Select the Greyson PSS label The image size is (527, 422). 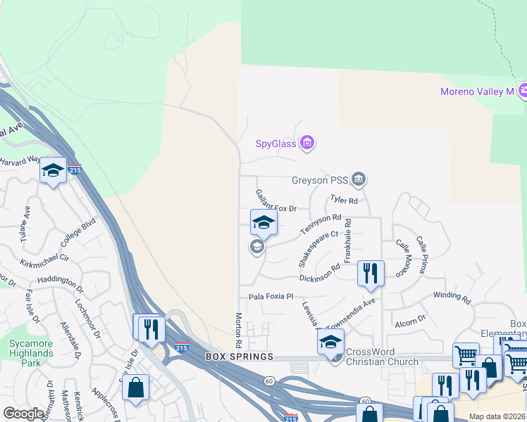[x=321, y=179]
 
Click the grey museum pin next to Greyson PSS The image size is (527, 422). [x=359, y=179]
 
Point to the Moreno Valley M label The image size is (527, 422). [x=477, y=91]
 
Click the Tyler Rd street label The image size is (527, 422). [x=345, y=200]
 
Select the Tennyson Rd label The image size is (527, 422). [x=321, y=225]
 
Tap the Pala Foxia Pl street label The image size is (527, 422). [x=270, y=298]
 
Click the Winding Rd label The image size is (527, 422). [x=452, y=298]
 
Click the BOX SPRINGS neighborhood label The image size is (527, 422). [x=239, y=357]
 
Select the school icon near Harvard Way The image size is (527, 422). [x=53, y=171]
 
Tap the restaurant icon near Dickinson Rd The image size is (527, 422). [x=371, y=272]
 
